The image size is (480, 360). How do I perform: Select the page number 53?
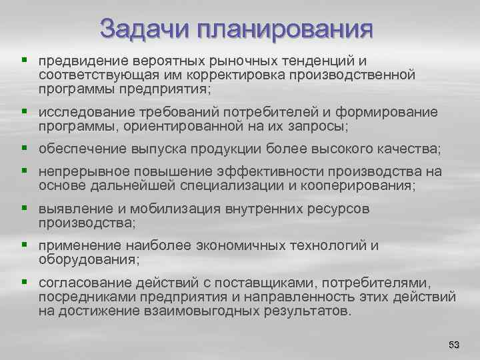454,344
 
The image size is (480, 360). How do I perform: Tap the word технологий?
321,245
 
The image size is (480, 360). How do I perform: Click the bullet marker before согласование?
25,282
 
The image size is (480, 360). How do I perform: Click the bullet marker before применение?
25,245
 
